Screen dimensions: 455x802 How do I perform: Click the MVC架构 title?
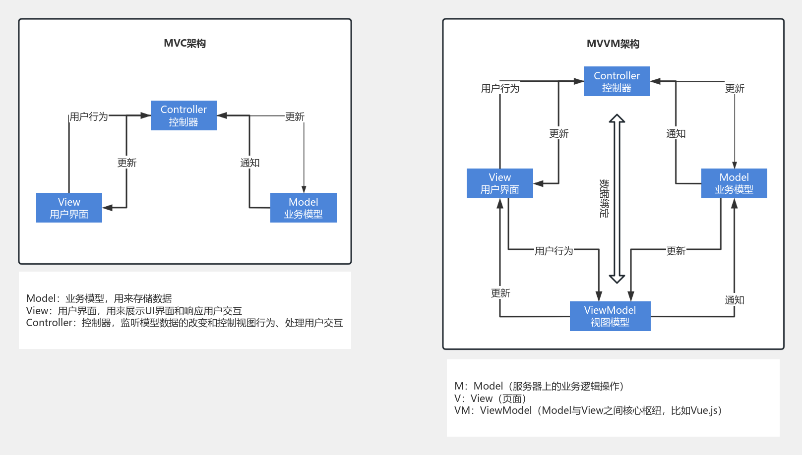[x=185, y=44]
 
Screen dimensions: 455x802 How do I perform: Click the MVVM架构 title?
[x=613, y=44]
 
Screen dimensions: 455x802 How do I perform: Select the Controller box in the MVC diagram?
[x=184, y=115]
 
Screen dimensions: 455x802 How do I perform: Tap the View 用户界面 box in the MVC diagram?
[x=69, y=208]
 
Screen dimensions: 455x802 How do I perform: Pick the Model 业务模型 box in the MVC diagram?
[x=303, y=208]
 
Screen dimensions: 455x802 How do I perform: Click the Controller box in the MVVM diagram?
[x=617, y=81]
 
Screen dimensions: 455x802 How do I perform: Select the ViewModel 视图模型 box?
[x=610, y=316]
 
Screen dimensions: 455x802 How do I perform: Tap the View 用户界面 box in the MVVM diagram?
[x=499, y=183]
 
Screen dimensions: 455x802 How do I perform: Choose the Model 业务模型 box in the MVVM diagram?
[x=734, y=183]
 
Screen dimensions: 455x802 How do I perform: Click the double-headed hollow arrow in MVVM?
[x=617, y=198]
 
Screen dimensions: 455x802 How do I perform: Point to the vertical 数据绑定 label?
[x=604, y=198]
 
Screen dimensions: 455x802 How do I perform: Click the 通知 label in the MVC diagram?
[x=249, y=163]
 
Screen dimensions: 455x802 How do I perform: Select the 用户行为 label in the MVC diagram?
[x=88, y=116]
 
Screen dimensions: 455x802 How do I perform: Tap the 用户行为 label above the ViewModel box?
[x=554, y=251]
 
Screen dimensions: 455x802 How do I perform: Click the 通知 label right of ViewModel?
[x=734, y=300]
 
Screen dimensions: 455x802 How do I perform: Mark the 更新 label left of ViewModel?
[x=500, y=293]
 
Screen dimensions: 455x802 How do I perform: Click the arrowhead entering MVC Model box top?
[x=304, y=189]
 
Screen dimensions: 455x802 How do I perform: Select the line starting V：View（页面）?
[x=490, y=398]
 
